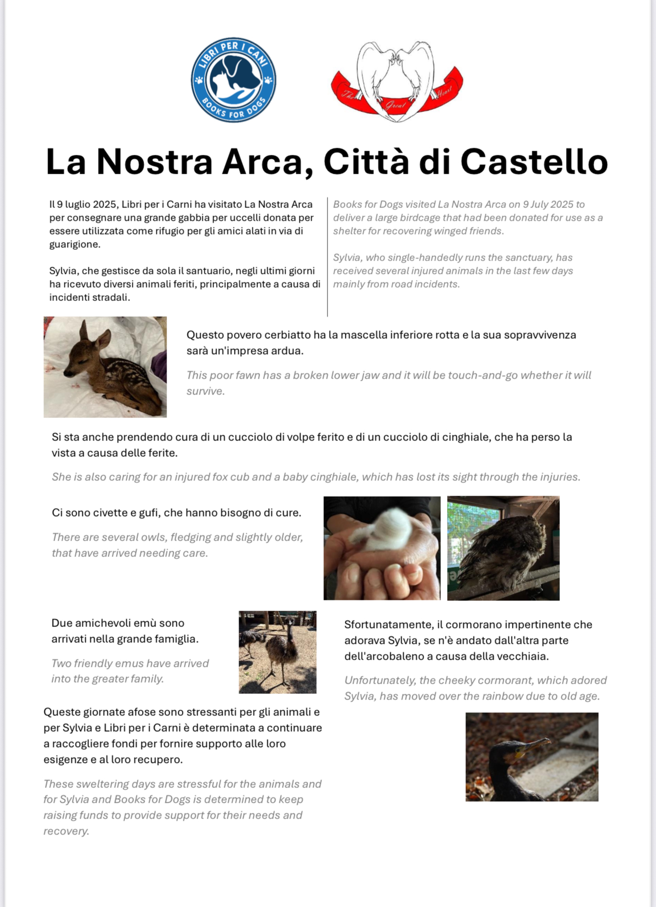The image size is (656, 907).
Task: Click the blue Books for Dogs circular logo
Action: click(x=233, y=80)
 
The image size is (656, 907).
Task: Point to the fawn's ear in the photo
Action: click(x=102, y=339)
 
